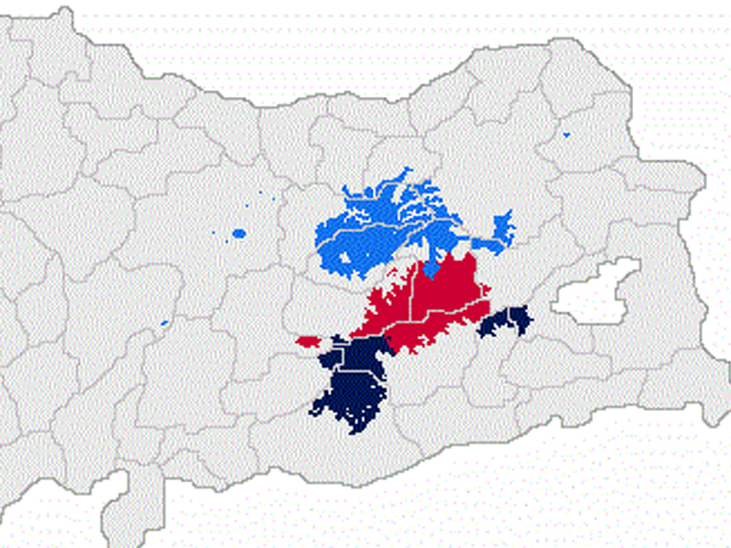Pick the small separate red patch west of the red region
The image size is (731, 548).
click(306, 341)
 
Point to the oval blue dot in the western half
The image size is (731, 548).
click(239, 233)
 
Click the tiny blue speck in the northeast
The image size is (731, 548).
click(567, 135)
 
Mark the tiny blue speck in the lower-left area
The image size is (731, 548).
click(164, 321)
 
